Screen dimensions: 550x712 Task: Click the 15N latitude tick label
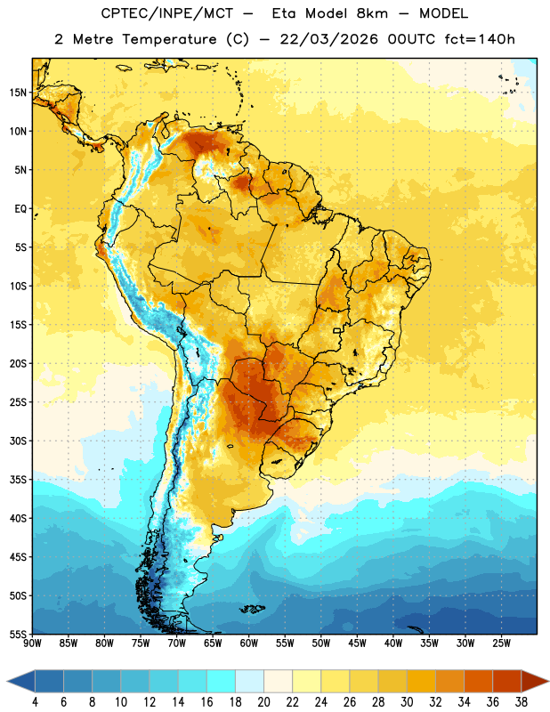pos(18,93)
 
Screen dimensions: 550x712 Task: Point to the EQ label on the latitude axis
pos(20,209)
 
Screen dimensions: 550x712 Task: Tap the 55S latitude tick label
pos(18,634)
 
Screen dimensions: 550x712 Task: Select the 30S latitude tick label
pos(18,441)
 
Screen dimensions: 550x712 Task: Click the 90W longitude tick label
pos(32,643)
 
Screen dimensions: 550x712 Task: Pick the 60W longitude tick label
pos(249,643)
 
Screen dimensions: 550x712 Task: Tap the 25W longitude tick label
pos(501,643)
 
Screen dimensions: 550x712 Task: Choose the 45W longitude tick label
pos(357,643)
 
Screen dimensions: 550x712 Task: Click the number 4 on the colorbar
pos(35,702)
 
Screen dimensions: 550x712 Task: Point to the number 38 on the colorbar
pos(521,702)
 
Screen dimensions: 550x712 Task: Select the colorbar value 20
pos(263,702)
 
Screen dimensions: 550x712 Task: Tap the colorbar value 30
pos(407,702)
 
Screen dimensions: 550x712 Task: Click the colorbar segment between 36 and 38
pos(507,681)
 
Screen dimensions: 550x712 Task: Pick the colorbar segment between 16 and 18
pos(222,681)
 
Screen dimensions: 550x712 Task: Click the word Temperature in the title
pos(169,39)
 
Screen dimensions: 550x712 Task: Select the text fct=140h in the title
pos(480,39)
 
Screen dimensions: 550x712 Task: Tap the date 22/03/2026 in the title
pos(328,39)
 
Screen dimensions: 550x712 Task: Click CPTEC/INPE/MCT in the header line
pos(167,13)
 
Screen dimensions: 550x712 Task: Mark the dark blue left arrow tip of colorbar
pos(8,681)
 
